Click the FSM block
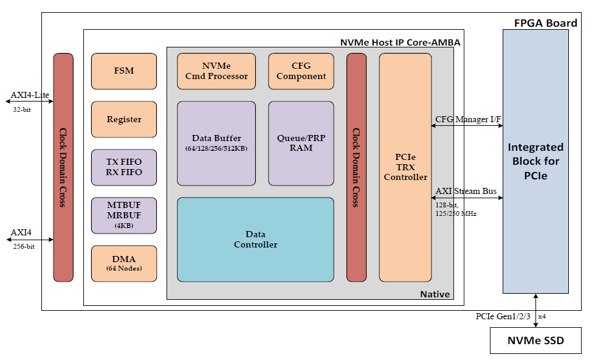tap(124, 71)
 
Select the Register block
tap(124, 119)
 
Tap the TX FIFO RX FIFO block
tap(124, 167)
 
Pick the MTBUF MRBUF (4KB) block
tap(124, 215)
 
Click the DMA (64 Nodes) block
tap(124, 263)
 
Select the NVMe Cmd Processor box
tap(216, 71)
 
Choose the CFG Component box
tap(301, 71)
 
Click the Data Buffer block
tap(216, 143)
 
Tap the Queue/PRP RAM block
tap(301, 143)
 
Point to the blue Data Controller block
tap(255, 240)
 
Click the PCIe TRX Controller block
tap(405, 167)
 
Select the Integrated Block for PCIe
tap(535, 161)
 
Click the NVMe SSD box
tap(535, 341)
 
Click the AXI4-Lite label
tap(29, 95)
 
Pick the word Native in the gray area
tap(435, 294)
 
